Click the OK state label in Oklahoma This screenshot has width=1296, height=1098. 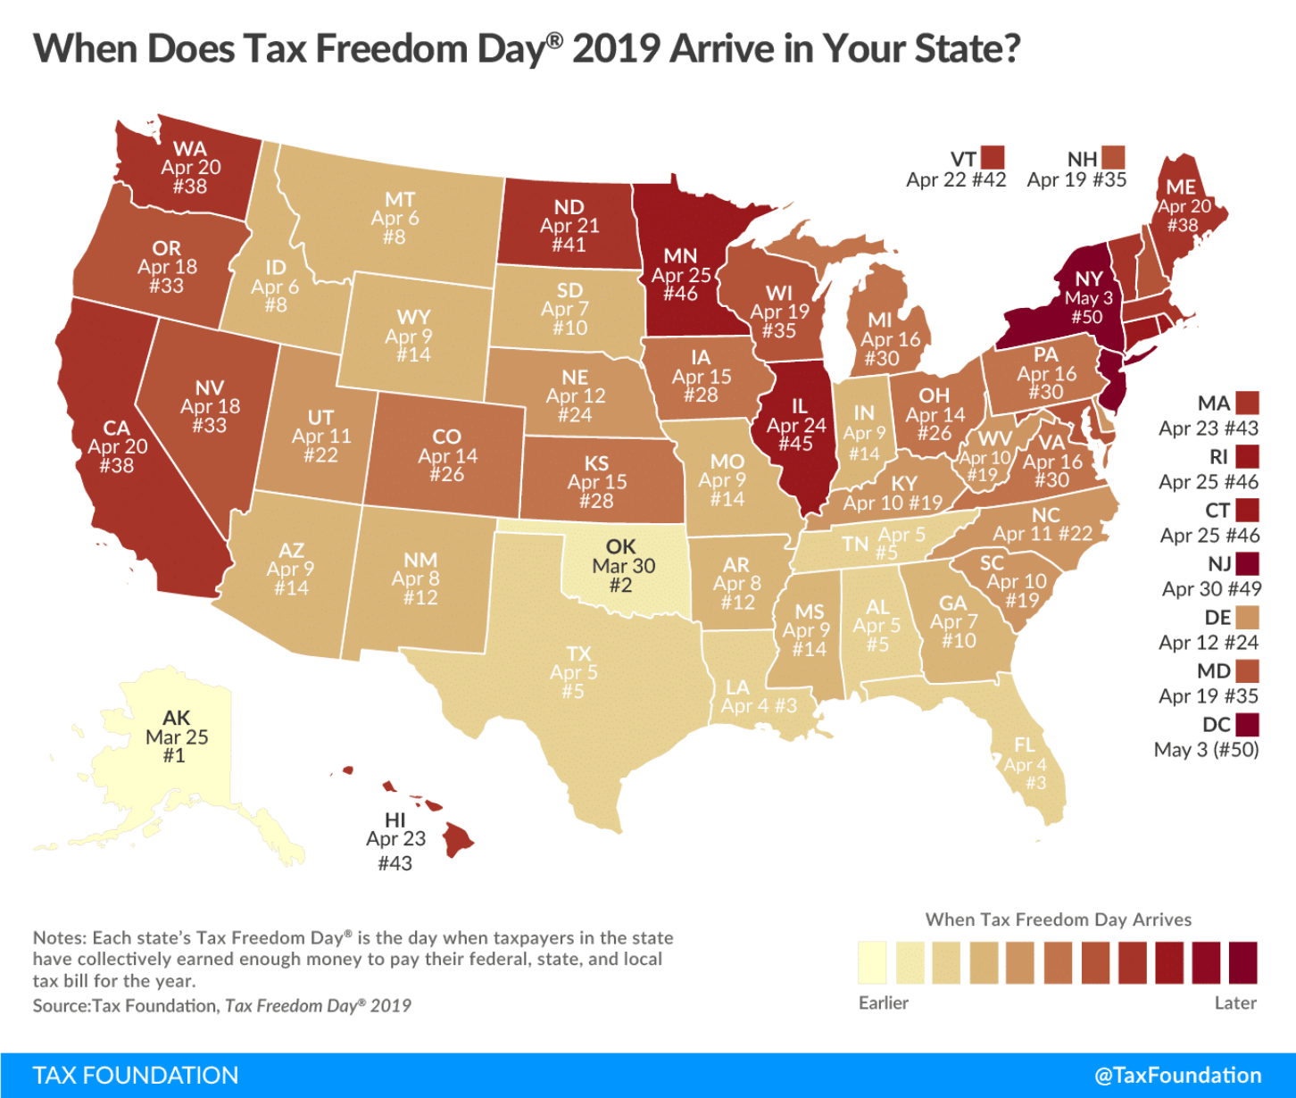(620, 546)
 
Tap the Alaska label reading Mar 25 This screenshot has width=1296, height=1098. (177, 737)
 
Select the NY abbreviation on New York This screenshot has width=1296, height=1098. (1089, 279)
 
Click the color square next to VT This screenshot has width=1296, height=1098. (993, 158)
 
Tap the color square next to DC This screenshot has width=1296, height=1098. (1247, 724)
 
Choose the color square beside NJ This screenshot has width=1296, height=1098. (1247, 563)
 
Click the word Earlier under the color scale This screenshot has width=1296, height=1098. (884, 1002)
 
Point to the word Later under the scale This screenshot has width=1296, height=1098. (1235, 1002)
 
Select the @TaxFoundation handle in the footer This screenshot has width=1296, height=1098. (1178, 1076)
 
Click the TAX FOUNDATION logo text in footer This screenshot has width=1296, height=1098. (136, 1076)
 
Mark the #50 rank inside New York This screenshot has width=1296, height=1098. (1087, 317)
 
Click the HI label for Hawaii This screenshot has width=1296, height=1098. (395, 819)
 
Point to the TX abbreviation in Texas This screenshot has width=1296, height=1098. (578, 653)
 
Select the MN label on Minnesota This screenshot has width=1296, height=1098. (680, 256)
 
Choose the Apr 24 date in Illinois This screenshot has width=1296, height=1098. (796, 425)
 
